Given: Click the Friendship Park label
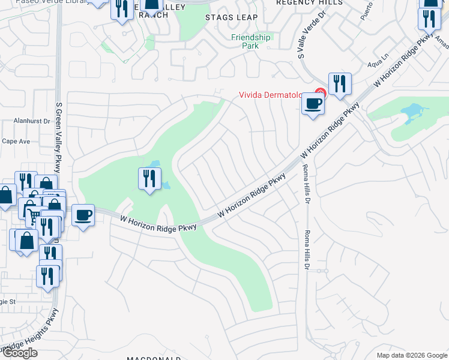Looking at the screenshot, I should point(252,41).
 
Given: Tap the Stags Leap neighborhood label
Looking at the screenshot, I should point(231,17).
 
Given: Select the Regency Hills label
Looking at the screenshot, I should point(309,2).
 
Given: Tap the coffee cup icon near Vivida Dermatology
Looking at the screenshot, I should point(313,104).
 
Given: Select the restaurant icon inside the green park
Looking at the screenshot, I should point(149,178).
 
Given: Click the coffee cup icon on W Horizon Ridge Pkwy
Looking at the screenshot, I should point(84,214).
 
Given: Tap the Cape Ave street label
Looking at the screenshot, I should point(16,142).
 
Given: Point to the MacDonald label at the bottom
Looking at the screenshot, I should point(154,358).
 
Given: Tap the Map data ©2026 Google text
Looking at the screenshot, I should point(411,355).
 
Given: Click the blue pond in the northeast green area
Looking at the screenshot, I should point(414,111).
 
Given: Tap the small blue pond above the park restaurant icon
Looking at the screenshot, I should point(154,164).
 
